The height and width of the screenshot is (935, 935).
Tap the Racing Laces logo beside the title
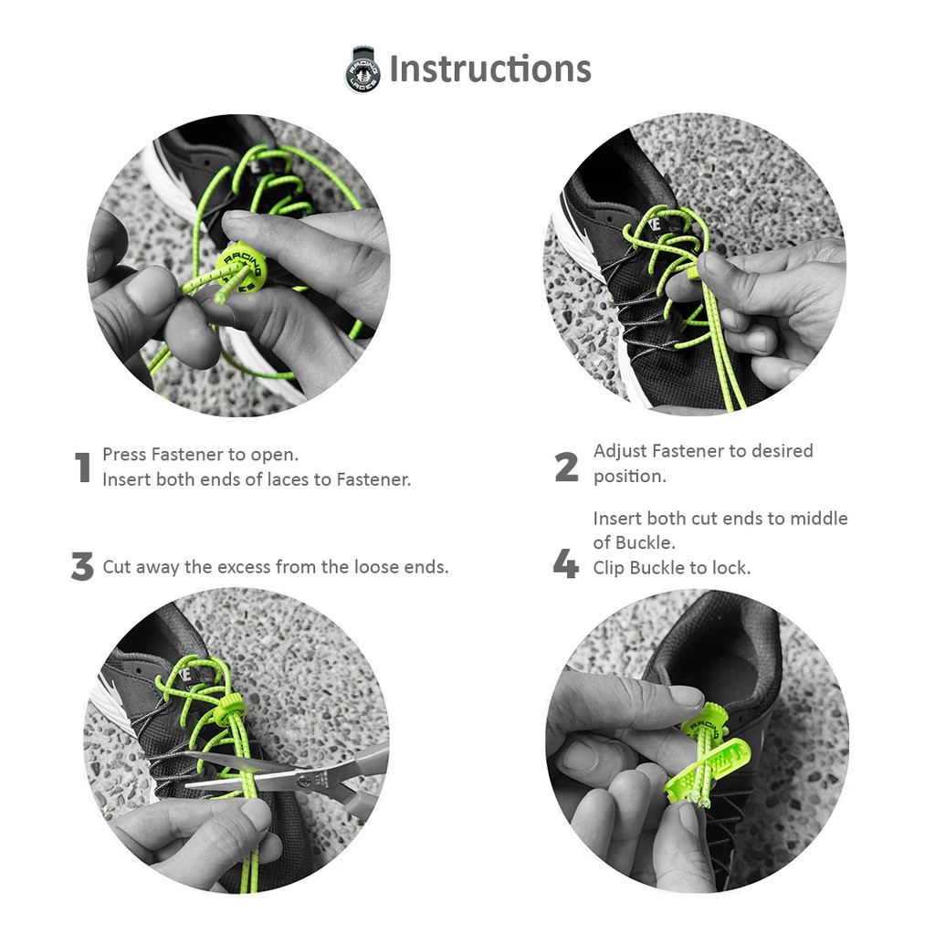362,69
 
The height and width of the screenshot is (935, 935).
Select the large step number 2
566,467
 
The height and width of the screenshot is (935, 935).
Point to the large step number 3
82,566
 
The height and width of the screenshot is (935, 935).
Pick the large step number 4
565,563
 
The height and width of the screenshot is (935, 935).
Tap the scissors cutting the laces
286,778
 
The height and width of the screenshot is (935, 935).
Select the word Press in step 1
124,455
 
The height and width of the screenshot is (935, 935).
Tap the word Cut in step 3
117,566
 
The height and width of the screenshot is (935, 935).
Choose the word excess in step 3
244,567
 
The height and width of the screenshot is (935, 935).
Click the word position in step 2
629,477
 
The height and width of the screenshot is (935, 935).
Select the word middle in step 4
818,519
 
